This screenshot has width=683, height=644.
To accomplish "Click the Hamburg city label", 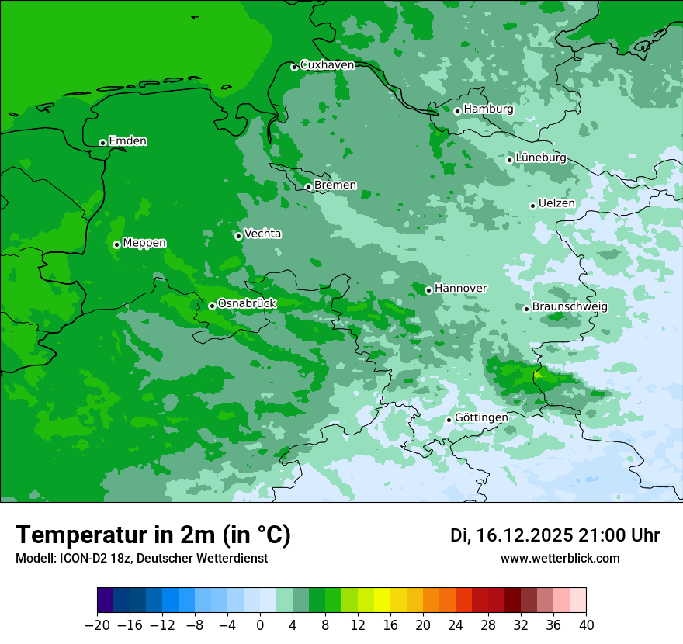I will point(488,109).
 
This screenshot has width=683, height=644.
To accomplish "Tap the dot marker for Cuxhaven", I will point(294,68).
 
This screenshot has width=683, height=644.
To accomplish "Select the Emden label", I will point(127,141).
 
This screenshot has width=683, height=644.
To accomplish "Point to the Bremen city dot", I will point(308,187).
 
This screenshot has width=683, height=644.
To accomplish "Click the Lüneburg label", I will point(540,158).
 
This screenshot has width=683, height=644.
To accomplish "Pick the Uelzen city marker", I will point(532,206).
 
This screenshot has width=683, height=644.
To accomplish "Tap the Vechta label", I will point(262,234).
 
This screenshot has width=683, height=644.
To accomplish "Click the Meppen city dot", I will point(116,244).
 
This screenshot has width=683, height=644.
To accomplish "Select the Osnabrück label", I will point(247,303).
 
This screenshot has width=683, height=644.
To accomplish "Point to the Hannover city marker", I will point(428,290).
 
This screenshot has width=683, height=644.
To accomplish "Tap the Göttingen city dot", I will point(449,420).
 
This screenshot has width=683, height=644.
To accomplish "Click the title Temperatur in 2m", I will point(153,535).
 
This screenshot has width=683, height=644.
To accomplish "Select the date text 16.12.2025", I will point(524,535).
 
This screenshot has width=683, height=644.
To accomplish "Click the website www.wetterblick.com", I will point(560,558).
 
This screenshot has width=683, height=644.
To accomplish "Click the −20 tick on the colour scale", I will point(97,625).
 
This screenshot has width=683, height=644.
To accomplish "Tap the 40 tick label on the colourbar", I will point(586,625).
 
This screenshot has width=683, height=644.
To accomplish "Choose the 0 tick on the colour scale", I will point(260,625).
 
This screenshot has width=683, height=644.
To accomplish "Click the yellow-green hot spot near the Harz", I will point(539,374).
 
